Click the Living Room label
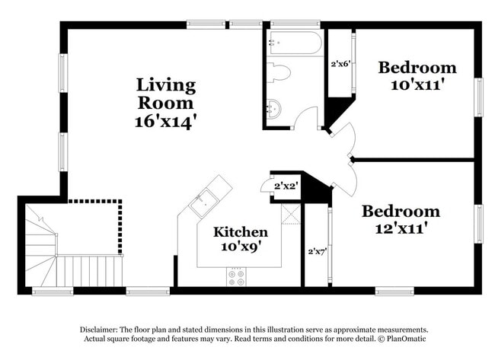166,93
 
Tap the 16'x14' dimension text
166,120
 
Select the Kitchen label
240,231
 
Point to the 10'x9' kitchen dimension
240,247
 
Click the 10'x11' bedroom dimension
417,84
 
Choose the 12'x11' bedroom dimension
401,227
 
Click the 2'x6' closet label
340,65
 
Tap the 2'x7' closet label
316,250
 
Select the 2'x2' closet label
286,185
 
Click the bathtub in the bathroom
294,43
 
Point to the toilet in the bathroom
278,73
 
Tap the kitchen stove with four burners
236,277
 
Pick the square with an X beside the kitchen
292,214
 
